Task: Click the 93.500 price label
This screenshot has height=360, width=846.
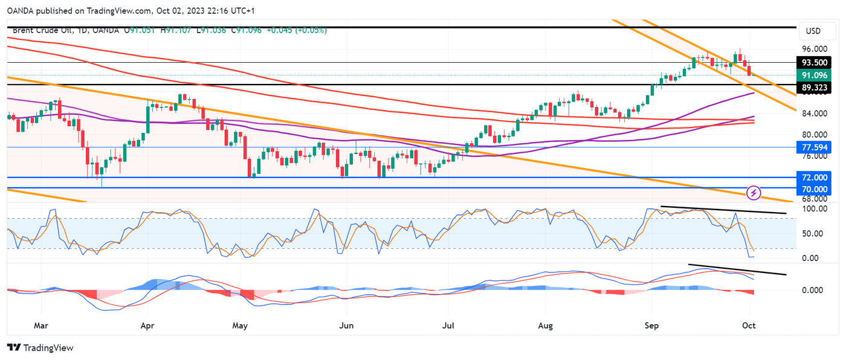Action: [x=815, y=63]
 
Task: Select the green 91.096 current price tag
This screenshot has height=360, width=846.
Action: [x=815, y=76]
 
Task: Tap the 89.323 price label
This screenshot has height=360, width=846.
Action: [x=815, y=88]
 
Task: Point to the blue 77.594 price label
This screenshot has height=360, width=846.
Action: [x=815, y=147]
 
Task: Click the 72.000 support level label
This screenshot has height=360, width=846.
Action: [x=815, y=178]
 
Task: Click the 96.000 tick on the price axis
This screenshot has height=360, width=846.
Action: [x=815, y=49]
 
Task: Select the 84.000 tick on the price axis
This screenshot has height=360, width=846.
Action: [x=815, y=113]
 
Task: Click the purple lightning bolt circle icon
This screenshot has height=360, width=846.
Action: [x=754, y=193]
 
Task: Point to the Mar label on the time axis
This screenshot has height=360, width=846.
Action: [x=40, y=326]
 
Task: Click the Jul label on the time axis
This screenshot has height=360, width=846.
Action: [x=448, y=326]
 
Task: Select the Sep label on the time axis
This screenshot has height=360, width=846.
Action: [x=651, y=326]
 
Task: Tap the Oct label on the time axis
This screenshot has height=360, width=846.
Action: [x=749, y=326]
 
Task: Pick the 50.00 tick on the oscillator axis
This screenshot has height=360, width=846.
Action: [x=816, y=234]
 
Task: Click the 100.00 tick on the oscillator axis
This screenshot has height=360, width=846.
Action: [x=814, y=209]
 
